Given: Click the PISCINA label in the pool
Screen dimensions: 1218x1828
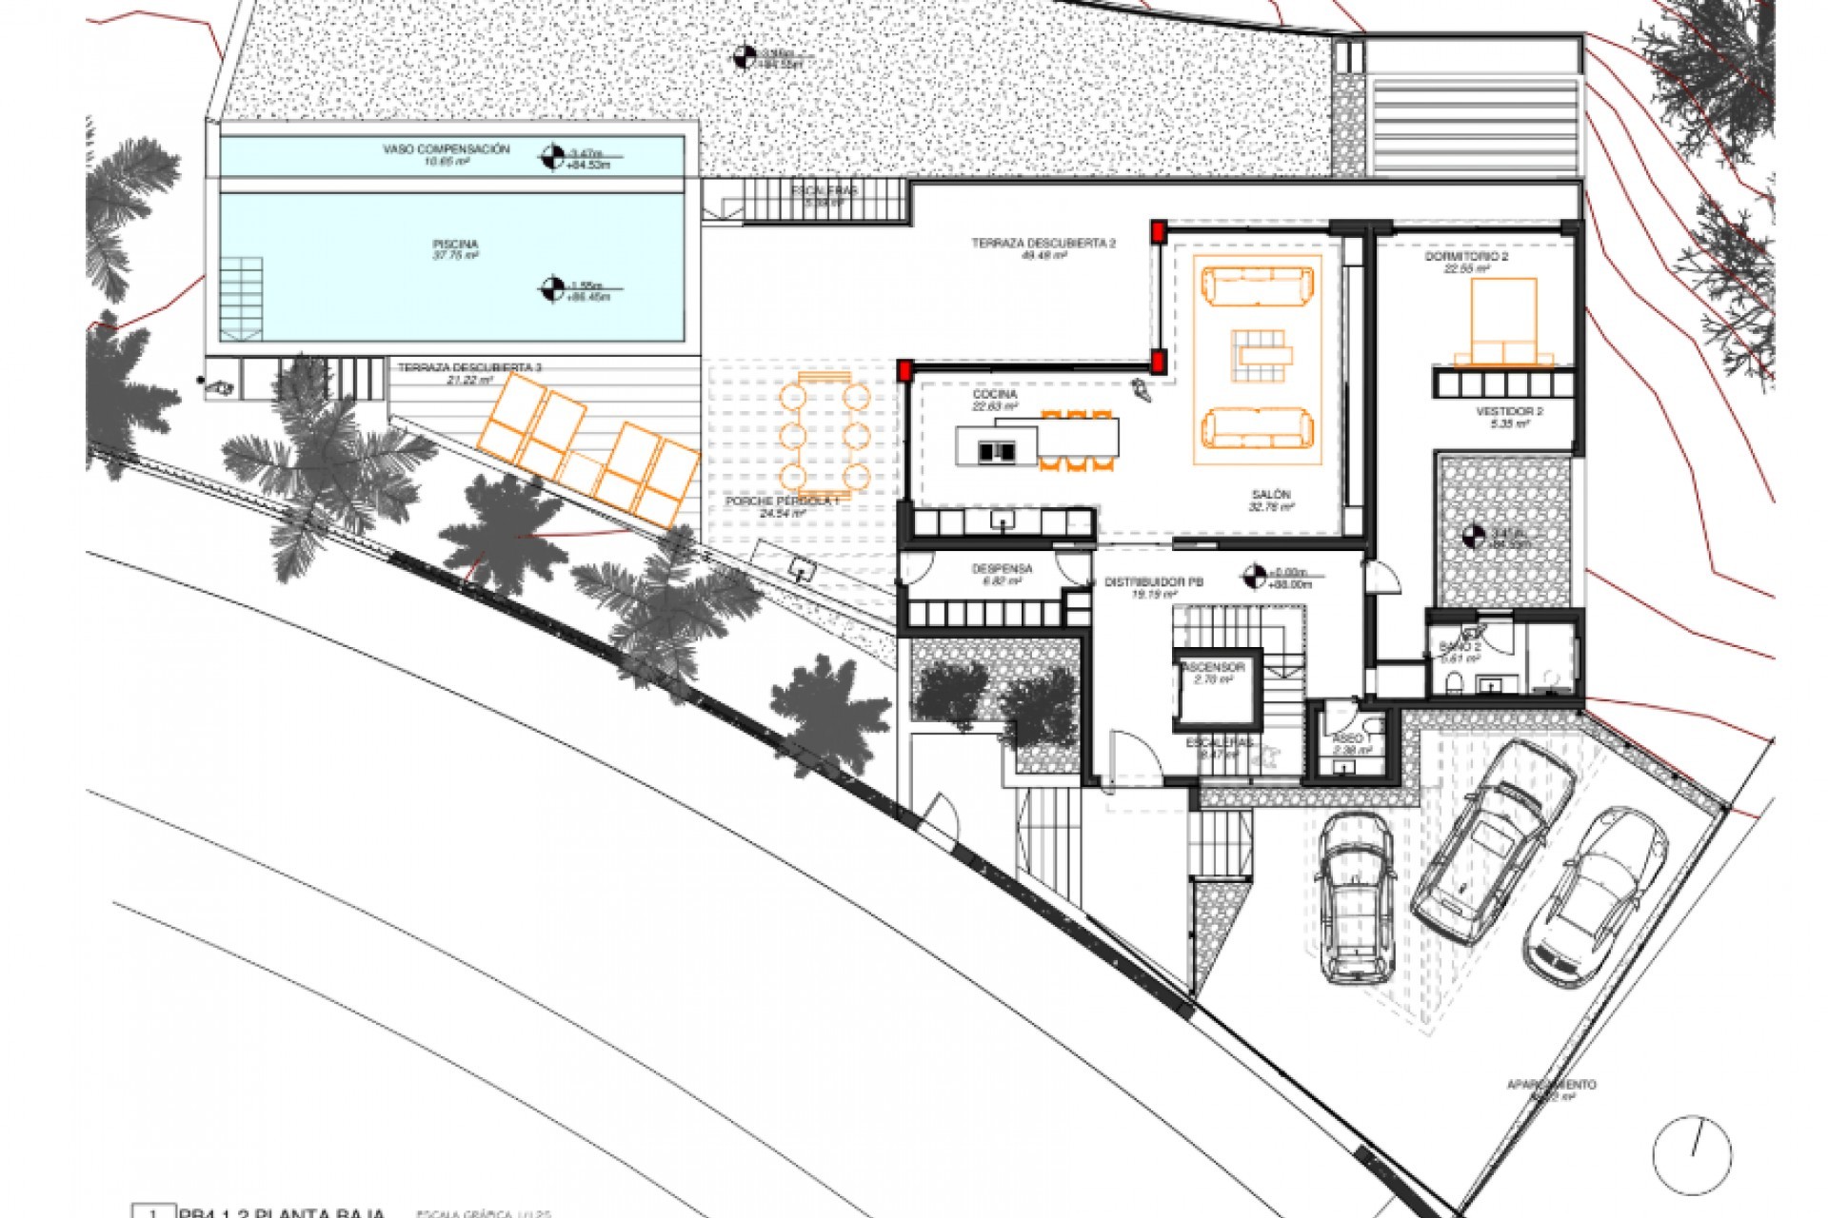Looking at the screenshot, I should [x=455, y=246].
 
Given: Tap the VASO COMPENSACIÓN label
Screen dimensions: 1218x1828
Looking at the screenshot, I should [x=447, y=150].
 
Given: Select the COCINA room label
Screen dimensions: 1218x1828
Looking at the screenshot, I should [x=995, y=394].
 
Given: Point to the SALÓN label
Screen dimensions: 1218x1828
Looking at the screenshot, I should [x=1271, y=495].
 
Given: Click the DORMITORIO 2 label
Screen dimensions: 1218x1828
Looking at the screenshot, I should [x=1466, y=258].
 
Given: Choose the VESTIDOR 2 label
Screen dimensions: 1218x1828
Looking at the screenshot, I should [x=1509, y=412].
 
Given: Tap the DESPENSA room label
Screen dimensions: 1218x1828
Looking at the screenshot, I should [x=1002, y=569].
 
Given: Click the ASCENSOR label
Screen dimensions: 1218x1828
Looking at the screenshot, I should [x=1213, y=668].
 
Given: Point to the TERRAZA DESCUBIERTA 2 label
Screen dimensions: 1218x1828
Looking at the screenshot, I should [x=1043, y=244].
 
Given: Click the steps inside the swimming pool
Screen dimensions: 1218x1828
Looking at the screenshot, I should [x=241, y=299].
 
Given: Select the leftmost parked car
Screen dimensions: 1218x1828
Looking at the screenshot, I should [x=1357, y=897].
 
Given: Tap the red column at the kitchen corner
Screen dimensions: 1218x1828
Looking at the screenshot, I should [x=905, y=369].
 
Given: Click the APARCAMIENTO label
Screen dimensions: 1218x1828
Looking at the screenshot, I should [x=1551, y=1085].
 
